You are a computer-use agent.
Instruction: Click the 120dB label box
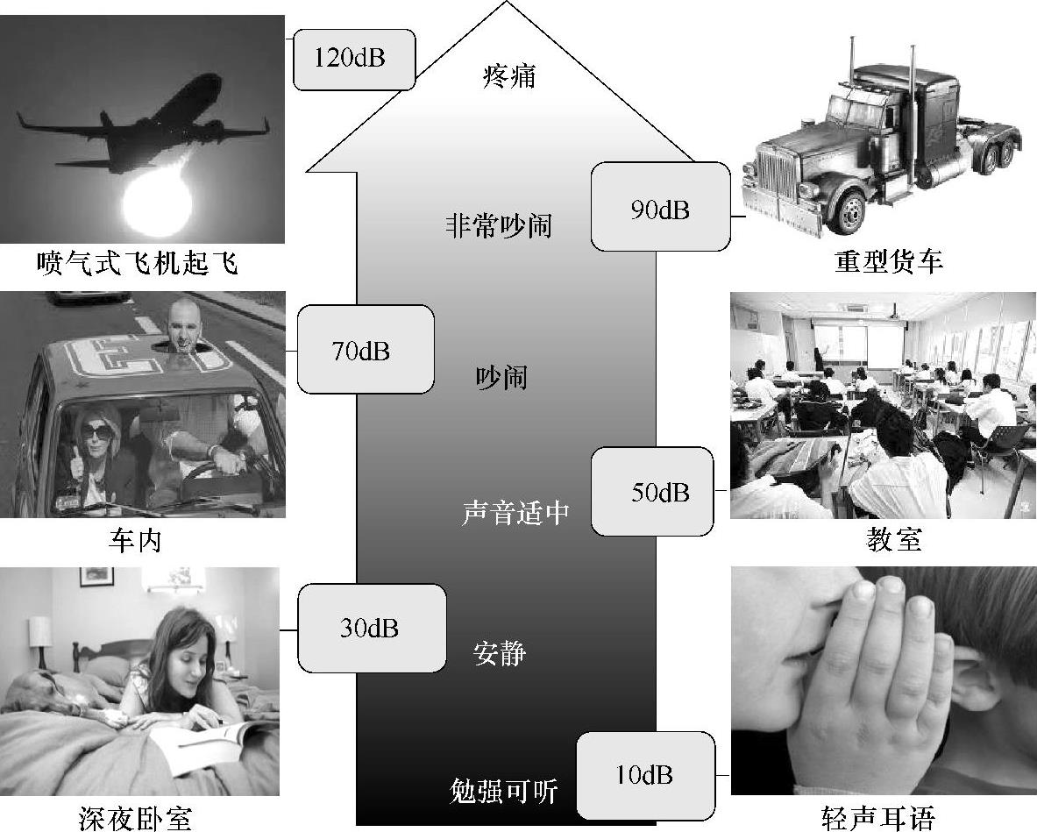coord(353,60)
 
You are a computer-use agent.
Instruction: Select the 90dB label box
coord(660,209)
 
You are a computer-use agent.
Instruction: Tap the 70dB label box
coord(364,351)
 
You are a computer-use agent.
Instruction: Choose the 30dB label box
coord(371,629)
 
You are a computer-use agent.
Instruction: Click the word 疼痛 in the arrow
coord(508,76)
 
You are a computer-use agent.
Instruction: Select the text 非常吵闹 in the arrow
coord(499,225)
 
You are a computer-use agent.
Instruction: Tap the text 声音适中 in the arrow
coord(515,513)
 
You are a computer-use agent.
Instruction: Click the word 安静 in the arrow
coord(500,652)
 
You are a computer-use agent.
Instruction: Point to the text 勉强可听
coord(503,792)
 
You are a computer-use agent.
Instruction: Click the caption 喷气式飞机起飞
coord(138,262)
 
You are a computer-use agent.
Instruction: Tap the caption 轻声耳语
coord(878,818)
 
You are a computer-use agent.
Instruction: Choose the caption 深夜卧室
coord(134,818)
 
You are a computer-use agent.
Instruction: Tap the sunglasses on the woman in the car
coord(97,431)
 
